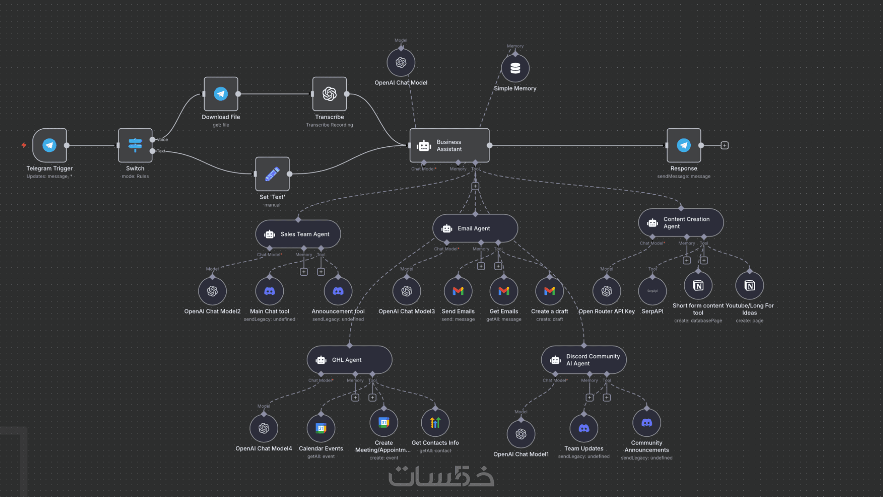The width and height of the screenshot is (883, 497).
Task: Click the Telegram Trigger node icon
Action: pyautogui.click(x=50, y=145)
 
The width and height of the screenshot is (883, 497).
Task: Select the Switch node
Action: pyautogui.click(x=135, y=145)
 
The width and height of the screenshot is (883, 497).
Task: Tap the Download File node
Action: pyautogui.click(x=221, y=94)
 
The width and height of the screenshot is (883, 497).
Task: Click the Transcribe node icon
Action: pyautogui.click(x=329, y=94)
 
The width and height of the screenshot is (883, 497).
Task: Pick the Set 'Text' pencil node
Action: pyautogui.click(x=272, y=174)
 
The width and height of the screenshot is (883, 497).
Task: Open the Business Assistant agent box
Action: pyautogui.click(x=449, y=145)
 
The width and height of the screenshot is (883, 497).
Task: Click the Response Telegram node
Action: pyautogui.click(x=684, y=145)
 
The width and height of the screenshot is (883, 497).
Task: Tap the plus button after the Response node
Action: pyautogui.click(x=724, y=145)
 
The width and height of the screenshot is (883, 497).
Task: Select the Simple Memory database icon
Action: pyautogui.click(x=515, y=68)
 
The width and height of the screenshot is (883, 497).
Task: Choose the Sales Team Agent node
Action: pyautogui.click(x=298, y=234)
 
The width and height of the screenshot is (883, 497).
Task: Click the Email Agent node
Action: pyautogui.click(x=475, y=228)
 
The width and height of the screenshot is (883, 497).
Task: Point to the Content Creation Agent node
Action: pyautogui.click(x=681, y=223)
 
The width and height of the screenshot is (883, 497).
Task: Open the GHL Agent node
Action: pyautogui.click(x=350, y=360)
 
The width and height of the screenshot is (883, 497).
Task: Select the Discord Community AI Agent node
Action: pyautogui.click(x=584, y=360)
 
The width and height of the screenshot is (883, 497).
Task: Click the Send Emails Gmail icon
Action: pyautogui.click(x=458, y=291)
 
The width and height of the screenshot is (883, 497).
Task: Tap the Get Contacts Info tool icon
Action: pyautogui.click(x=435, y=422)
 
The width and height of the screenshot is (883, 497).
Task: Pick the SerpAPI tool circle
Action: pyautogui.click(x=652, y=291)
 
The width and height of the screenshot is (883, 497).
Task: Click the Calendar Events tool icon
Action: pyautogui.click(x=321, y=428)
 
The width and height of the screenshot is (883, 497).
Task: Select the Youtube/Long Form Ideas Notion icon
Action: pyautogui.click(x=750, y=285)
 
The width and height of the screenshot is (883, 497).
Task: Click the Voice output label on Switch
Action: pyautogui.click(x=162, y=140)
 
